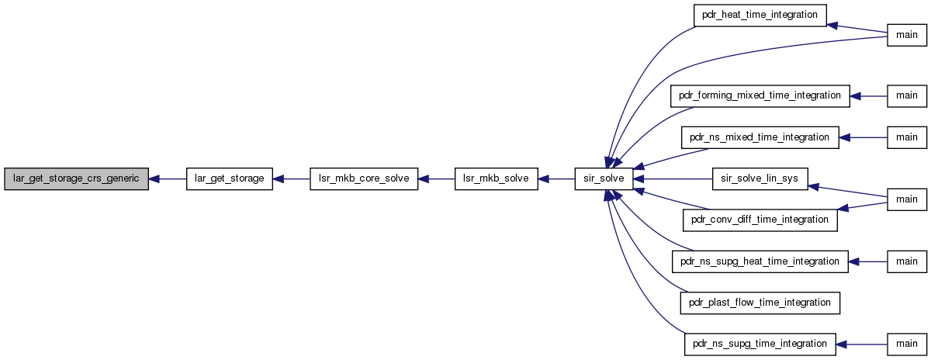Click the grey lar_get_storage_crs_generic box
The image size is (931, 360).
click(x=77, y=178)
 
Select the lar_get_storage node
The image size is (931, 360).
click(x=230, y=178)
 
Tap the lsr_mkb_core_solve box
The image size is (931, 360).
click(x=364, y=178)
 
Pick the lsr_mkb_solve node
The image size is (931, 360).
click(x=497, y=178)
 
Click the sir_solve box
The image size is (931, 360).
click(x=604, y=178)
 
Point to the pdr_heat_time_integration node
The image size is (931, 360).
click(x=760, y=16)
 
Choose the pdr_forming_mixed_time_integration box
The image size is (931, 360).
click(x=760, y=96)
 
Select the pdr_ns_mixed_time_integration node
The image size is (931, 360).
click(x=760, y=137)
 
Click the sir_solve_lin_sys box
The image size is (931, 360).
click(x=760, y=178)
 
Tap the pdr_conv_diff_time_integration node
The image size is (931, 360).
click(x=760, y=220)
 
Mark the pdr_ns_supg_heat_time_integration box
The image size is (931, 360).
click(x=760, y=262)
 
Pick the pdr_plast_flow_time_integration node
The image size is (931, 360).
click(x=760, y=303)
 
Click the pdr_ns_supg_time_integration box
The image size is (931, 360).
click(x=760, y=344)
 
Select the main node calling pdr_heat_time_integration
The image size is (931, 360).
click(x=907, y=36)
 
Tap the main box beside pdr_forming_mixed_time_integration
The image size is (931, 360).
click(x=907, y=96)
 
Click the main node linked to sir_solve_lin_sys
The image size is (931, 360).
click(x=907, y=199)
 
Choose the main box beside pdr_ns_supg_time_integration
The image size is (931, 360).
click(x=907, y=344)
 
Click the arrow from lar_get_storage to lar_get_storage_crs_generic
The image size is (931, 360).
click(x=168, y=179)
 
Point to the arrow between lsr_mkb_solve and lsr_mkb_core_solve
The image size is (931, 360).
click(x=436, y=179)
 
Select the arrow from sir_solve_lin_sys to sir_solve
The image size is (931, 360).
click(x=673, y=179)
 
